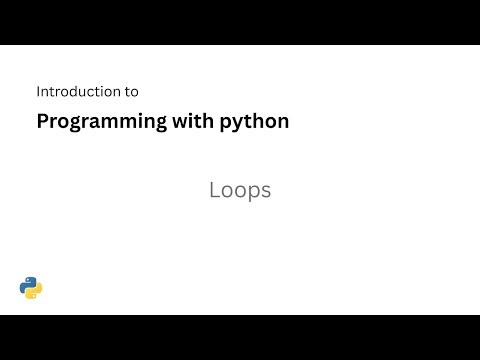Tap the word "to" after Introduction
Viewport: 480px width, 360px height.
131,91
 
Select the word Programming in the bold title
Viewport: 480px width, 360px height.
98,122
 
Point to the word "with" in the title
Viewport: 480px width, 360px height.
188,121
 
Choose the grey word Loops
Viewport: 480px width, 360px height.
240,190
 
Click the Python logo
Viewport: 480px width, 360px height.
31,288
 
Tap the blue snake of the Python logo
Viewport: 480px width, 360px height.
27,284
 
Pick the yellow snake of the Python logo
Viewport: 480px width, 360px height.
35,292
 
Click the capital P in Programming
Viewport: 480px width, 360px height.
42,121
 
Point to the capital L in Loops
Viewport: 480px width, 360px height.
214,190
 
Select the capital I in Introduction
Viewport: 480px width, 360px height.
38,91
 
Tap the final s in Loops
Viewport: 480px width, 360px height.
265,191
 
